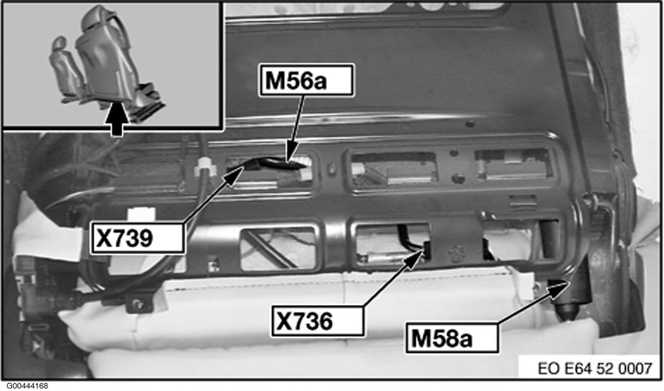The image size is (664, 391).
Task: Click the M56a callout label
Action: coord(305,80)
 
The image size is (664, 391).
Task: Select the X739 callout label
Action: coord(138,238)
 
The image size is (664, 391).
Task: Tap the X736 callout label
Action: coord(317,321)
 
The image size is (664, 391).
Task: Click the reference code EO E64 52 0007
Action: coord(594,368)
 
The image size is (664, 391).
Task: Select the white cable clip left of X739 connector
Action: coord(205,168)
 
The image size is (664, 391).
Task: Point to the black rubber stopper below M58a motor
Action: coord(567,313)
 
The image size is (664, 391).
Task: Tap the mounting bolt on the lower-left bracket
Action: coord(137,303)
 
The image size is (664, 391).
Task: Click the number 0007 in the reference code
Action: coord(635,368)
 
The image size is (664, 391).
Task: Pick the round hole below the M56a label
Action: coord(470,125)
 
